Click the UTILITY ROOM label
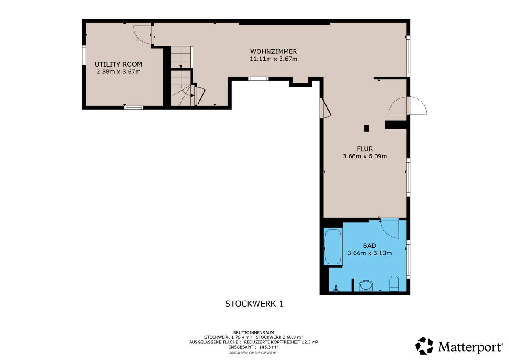[x=118, y=65]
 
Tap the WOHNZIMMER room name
[x=274, y=52]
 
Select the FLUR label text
[x=365, y=149]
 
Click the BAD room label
[x=369, y=246]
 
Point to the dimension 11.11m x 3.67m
[x=274, y=59]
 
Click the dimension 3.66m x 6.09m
[x=365, y=156]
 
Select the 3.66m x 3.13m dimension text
[x=369, y=253]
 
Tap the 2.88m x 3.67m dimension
[x=118, y=72]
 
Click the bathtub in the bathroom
[x=333, y=247]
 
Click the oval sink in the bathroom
[x=366, y=285]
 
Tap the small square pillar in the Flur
[x=366, y=128]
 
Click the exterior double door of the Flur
[x=408, y=106]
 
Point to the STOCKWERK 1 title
[x=254, y=304]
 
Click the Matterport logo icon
[x=424, y=346]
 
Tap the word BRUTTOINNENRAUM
[x=254, y=332]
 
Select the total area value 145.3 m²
[x=268, y=347]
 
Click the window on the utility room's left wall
[x=84, y=55]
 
